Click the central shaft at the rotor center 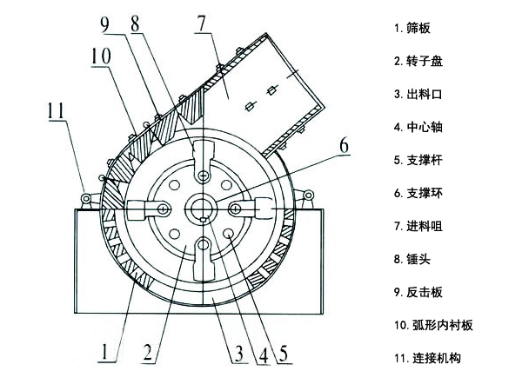pos(203,209)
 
